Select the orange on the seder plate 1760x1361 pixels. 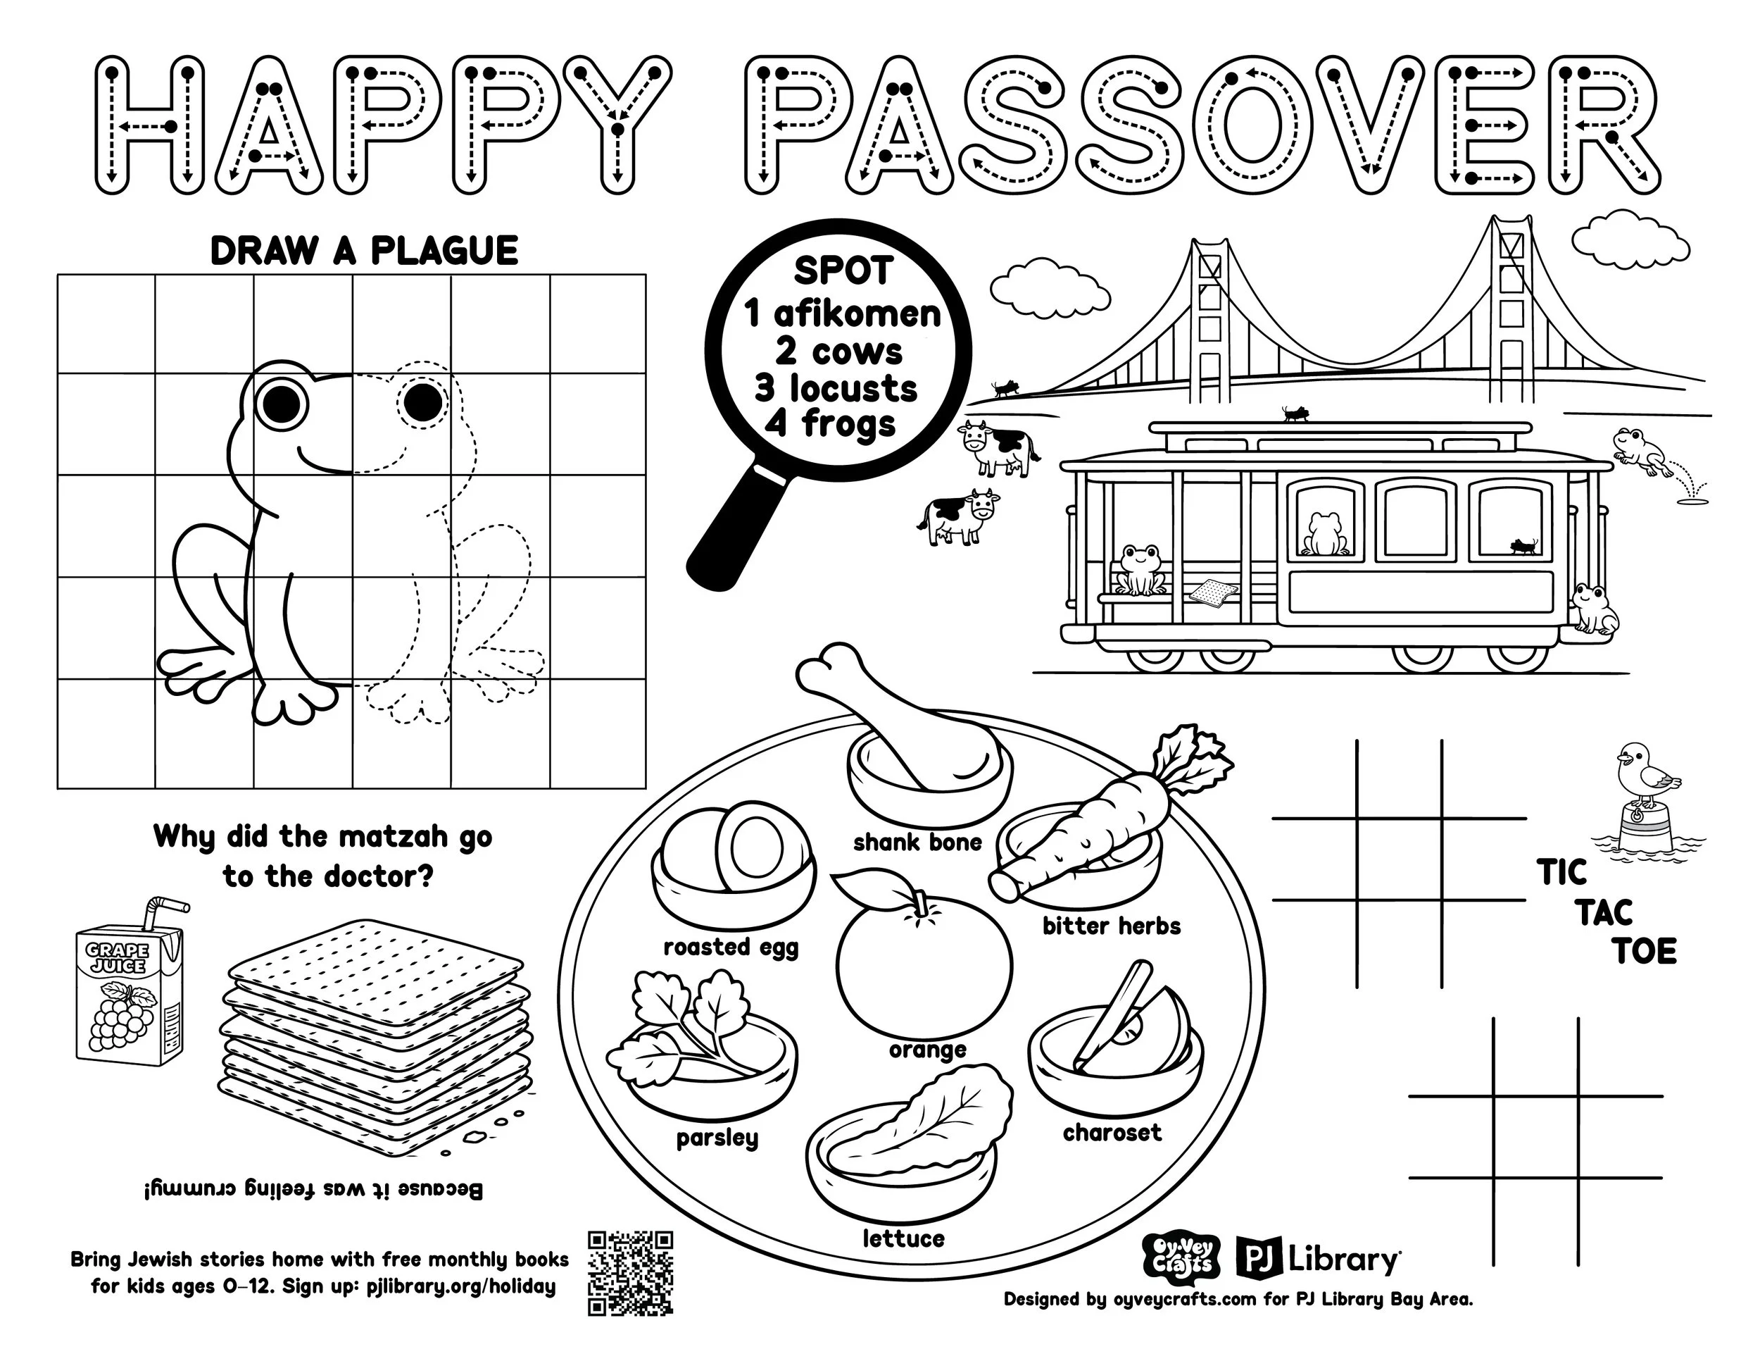click(923, 967)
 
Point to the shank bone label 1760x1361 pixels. click(917, 843)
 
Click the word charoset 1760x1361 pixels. click(1112, 1133)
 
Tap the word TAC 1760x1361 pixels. click(1604, 914)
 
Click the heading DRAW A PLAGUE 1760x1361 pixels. click(363, 251)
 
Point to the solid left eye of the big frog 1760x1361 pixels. click(284, 397)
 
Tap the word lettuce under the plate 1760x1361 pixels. click(903, 1238)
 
